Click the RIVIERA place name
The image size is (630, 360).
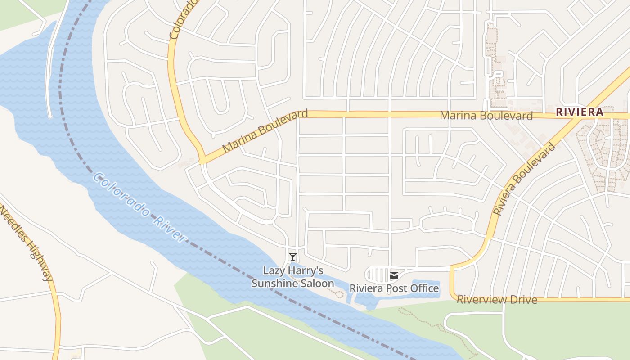tap(579, 112)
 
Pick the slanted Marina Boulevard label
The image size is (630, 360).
tap(265, 130)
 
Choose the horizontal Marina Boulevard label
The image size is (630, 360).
tap(486, 116)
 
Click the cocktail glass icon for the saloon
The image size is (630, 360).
tap(293, 257)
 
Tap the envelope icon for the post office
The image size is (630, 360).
tap(394, 275)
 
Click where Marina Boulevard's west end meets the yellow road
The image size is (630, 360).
tap(203, 160)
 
